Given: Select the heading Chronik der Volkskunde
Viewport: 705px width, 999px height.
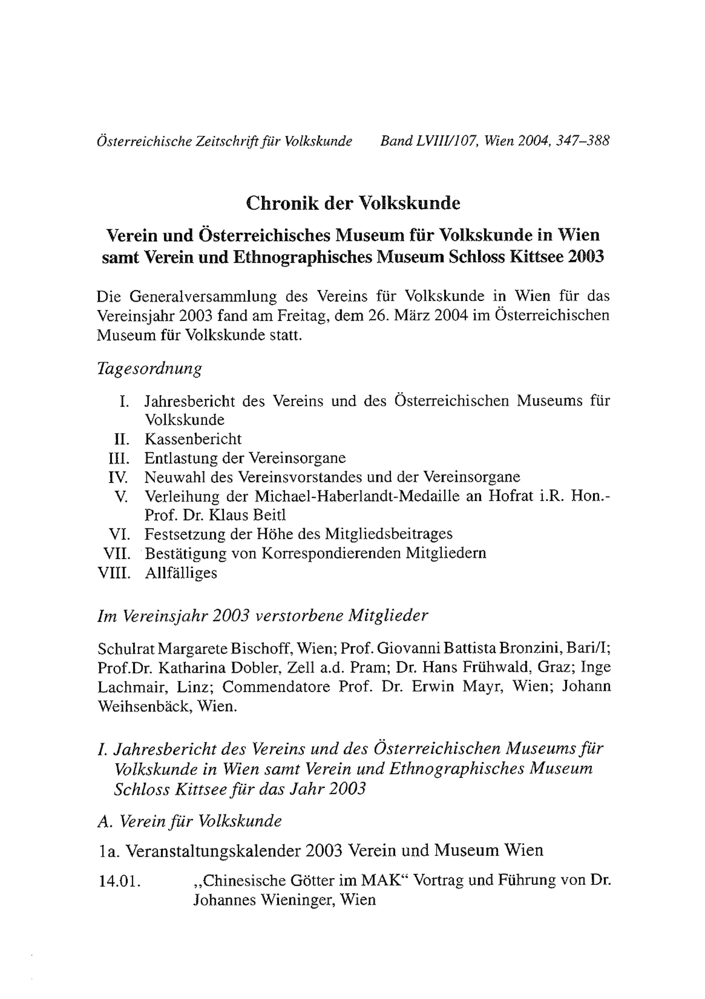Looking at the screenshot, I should click(x=353, y=203).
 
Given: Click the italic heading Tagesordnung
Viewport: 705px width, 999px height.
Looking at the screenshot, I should click(x=149, y=369).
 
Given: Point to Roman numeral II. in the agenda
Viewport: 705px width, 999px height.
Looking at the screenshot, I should click(x=122, y=439).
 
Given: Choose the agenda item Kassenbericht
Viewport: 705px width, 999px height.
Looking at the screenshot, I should click(x=193, y=439).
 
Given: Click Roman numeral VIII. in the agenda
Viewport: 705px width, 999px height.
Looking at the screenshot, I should click(x=115, y=573).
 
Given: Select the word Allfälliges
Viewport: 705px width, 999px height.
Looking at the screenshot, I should click(x=181, y=573).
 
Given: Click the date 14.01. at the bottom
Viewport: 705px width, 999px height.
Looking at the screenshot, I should click(x=120, y=881).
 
